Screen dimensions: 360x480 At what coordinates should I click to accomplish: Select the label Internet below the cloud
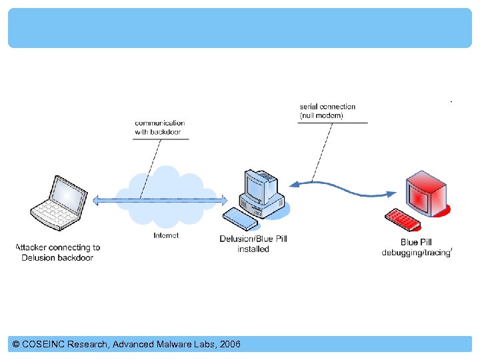coord(166,235)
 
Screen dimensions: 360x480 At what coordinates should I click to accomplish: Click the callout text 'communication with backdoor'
coord(160,127)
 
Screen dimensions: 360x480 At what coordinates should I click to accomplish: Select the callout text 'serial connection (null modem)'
coord(327,111)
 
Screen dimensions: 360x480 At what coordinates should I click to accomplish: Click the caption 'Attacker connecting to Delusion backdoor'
coord(58,253)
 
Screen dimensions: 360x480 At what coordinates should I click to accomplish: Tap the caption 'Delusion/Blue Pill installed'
coord(253,244)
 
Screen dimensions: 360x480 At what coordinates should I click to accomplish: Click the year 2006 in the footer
coord(229,345)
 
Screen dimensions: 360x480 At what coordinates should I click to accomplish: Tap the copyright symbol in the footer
coord(16,345)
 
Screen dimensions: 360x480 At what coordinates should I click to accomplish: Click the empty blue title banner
coord(239,28)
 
